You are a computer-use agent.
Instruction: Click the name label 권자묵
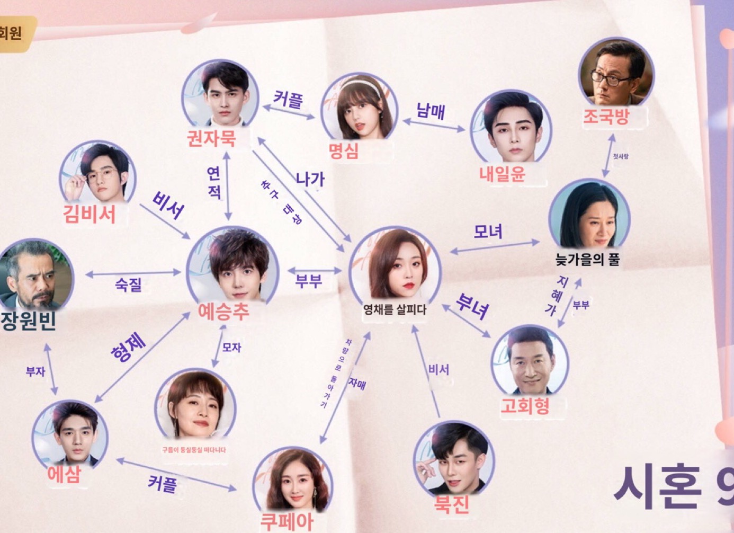[211, 139]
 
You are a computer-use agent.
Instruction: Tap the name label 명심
[344, 152]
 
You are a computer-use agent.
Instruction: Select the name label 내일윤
[502, 174]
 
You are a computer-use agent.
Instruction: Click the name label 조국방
[606, 117]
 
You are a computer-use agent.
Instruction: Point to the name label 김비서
[89, 214]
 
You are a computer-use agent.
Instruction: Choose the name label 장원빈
[29, 321]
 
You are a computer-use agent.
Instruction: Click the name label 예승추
[223, 312]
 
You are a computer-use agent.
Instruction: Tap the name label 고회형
[525, 406]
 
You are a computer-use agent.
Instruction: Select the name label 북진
[452, 503]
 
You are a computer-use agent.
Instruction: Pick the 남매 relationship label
[431, 111]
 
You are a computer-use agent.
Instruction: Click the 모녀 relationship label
[488, 232]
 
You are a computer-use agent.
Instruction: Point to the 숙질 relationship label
[129, 285]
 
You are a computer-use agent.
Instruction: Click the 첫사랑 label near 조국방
[620, 156]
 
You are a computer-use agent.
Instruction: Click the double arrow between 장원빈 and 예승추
[133, 273]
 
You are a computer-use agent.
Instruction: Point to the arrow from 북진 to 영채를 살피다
[427, 371]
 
